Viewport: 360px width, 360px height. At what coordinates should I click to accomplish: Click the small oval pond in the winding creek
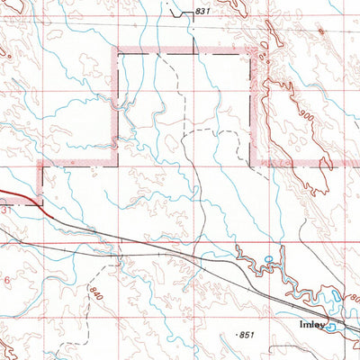[x=267, y=261]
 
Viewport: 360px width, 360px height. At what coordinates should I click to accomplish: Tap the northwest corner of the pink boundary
[x=114, y=54]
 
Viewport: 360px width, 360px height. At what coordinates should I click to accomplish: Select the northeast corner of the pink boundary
[x=254, y=54]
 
